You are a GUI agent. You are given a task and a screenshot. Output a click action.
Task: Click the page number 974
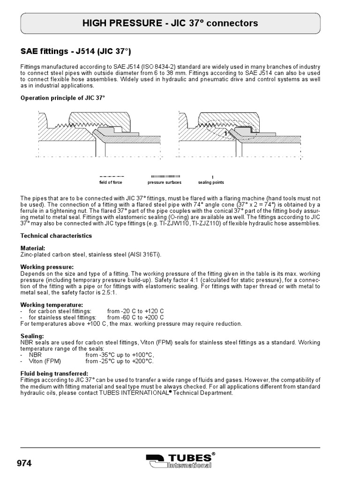24,464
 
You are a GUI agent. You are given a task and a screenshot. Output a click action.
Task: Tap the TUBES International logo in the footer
180,461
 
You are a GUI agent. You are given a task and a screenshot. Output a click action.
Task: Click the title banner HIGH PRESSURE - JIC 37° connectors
170,23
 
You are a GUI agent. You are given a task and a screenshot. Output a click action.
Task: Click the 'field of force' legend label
111,182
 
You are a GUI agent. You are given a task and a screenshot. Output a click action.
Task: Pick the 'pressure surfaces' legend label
164,182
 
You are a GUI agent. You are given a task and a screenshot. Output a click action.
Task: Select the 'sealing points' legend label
211,182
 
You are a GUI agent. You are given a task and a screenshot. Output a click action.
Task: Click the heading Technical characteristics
56,236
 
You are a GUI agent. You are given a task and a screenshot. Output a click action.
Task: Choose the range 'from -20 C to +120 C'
135,311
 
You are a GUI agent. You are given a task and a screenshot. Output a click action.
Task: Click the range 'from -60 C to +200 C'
135,317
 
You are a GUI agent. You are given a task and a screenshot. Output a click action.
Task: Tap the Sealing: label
32,336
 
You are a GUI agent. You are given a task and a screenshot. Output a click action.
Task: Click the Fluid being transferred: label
54,373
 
